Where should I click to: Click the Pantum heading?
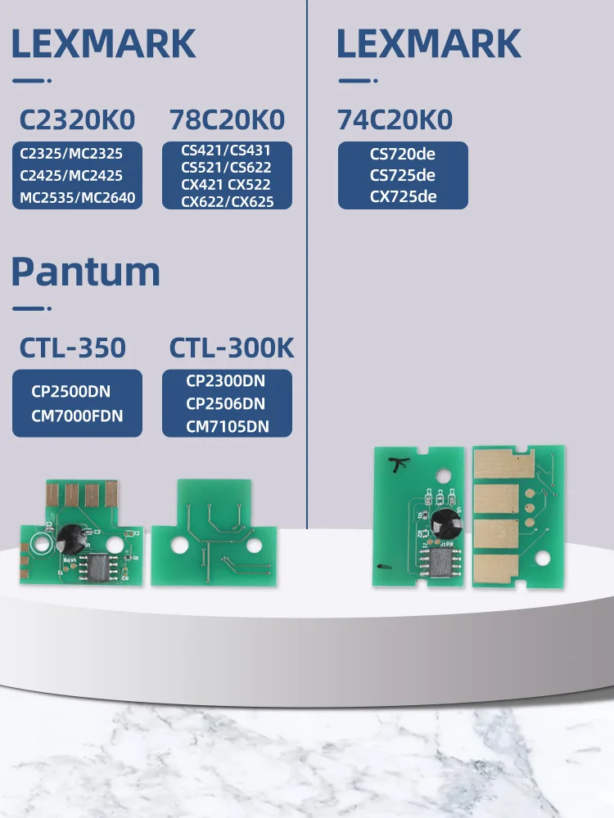click(x=85, y=271)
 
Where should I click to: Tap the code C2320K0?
click(x=78, y=120)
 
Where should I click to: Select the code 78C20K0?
click(x=227, y=120)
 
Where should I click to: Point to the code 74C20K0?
click(x=395, y=120)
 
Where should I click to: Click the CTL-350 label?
click(x=73, y=348)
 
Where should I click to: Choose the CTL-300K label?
click(x=231, y=348)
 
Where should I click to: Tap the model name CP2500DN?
click(x=78, y=392)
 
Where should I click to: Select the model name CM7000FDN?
click(x=78, y=416)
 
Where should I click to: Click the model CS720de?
click(x=403, y=154)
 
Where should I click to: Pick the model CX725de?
click(x=403, y=196)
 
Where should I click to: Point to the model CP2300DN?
click(x=227, y=380)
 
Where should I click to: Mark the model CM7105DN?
click(x=227, y=426)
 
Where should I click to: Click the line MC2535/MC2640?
click(x=78, y=196)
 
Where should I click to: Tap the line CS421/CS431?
click(x=227, y=150)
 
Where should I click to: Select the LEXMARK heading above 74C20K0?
click(x=429, y=43)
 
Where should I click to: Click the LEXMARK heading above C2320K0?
click(x=104, y=43)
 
